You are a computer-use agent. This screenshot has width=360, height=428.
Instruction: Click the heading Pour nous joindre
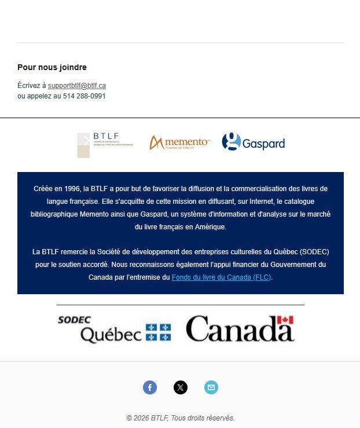52,68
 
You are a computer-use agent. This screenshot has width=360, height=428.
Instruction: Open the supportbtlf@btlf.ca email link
76,86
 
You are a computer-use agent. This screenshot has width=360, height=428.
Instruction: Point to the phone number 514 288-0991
84,96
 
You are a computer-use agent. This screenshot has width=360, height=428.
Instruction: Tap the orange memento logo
179,142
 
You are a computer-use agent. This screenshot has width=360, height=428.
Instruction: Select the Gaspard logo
254,142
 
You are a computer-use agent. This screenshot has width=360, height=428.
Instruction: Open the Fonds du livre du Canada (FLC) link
221,277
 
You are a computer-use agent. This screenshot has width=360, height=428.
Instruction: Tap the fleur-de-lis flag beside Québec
158,332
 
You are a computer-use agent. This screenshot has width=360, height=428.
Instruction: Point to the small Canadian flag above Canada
285,320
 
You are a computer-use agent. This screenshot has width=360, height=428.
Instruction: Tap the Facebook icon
150,387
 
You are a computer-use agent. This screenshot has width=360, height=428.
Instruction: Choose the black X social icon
181,387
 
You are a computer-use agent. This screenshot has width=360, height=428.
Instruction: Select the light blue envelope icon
211,387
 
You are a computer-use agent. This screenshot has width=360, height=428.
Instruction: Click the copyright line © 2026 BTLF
180,418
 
